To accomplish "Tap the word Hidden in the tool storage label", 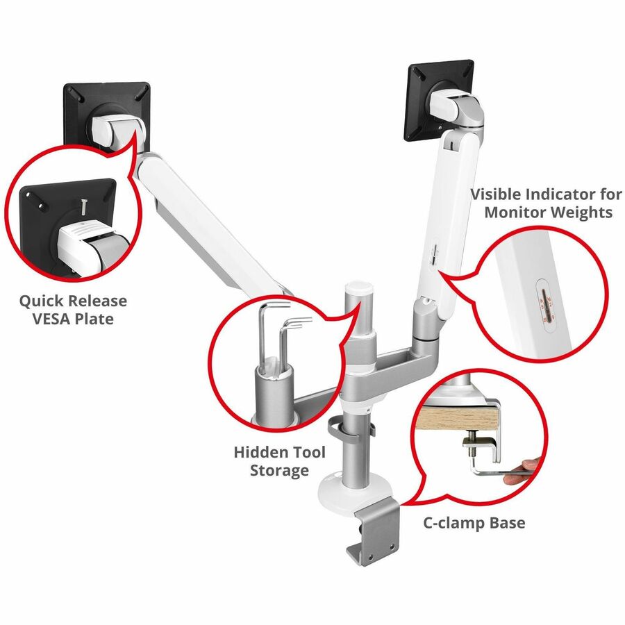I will pyautogui.click(x=257, y=453).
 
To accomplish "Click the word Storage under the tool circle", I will pyautogui.click(x=280, y=471).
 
